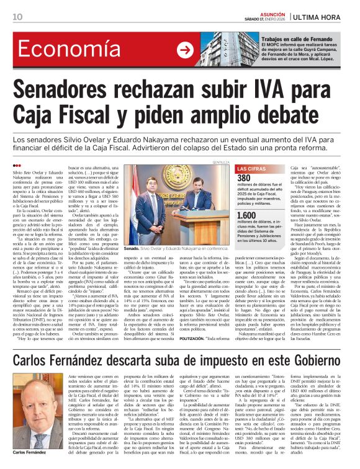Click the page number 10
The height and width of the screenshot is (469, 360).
17,17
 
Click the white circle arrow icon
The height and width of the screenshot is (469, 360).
185,50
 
